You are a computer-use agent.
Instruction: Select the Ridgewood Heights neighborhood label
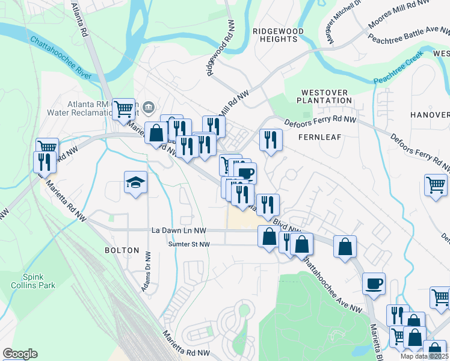click(x=275, y=35)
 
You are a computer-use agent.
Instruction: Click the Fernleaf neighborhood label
click(x=319, y=137)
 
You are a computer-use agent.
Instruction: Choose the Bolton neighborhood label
click(x=122, y=250)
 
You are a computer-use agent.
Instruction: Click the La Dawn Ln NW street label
click(x=179, y=230)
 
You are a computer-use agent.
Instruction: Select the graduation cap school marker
click(x=135, y=182)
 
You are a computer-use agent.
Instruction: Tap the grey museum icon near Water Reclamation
click(x=149, y=108)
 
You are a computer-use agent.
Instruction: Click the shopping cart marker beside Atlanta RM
click(x=123, y=109)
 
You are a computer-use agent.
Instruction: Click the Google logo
click(x=20, y=354)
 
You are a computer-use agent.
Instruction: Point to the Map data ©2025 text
click(x=417, y=356)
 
